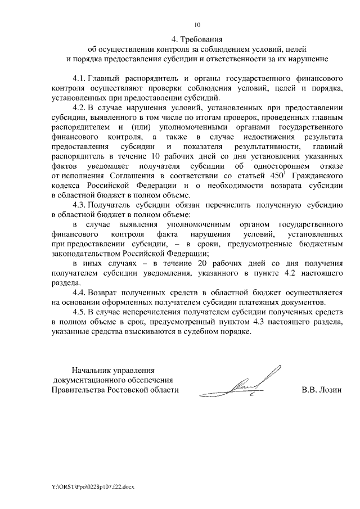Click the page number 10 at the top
pyautogui.click(x=197, y=25)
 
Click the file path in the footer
pyautogui.click(x=88, y=484)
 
